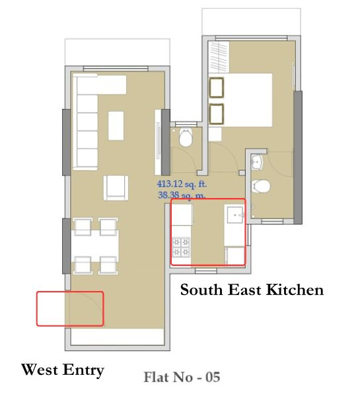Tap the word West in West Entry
42,370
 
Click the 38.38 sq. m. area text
181,195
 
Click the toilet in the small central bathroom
185,139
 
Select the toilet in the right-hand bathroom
262,186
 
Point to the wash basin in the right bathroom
258,162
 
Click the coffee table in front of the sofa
116,125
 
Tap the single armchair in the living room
116,189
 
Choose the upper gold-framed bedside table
216,88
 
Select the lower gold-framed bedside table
216,113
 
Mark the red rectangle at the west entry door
70,308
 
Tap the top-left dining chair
83,226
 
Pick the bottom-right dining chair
108,264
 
